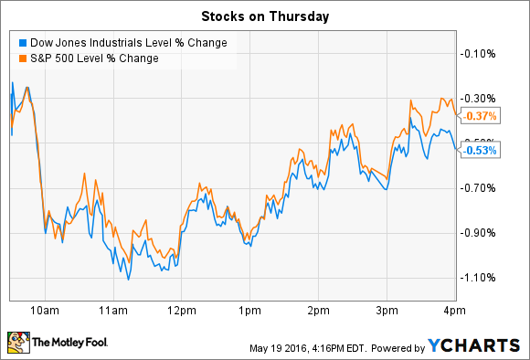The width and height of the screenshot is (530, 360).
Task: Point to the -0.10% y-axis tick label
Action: pos(481,53)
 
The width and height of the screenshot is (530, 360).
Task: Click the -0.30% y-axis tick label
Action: pos(481,98)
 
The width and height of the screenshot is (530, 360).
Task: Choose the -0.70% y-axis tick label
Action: pos(481,187)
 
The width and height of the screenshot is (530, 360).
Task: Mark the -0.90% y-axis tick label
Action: pos(481,232)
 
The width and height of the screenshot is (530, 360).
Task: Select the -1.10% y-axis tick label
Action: pos(481,277)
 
